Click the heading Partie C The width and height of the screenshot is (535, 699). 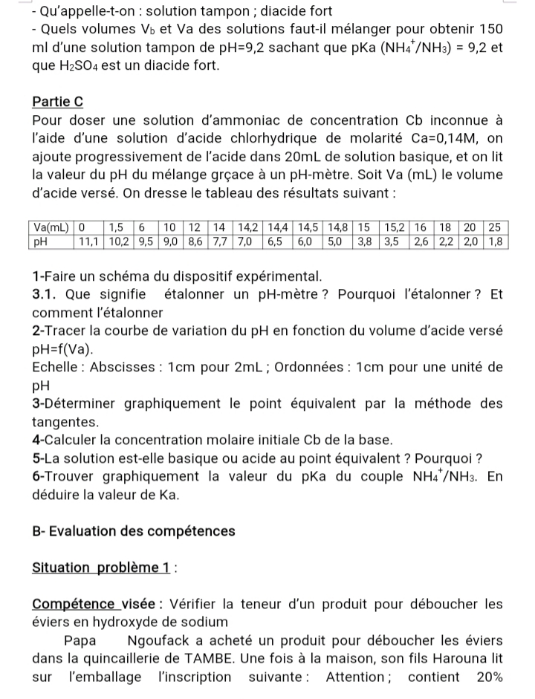58,101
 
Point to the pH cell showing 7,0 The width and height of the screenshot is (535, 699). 247,241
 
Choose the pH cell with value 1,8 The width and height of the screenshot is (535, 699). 496,241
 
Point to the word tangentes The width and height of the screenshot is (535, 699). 65,421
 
